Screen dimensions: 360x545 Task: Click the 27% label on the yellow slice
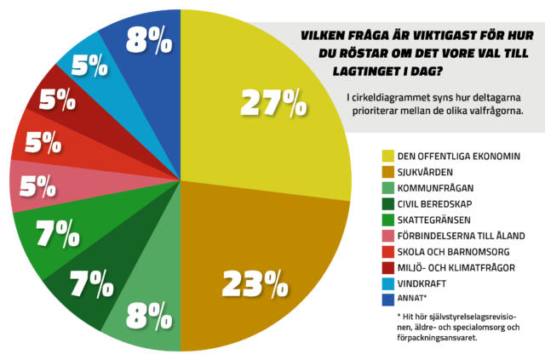coord(272,104)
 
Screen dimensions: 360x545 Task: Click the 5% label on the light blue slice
coord(89,66)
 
